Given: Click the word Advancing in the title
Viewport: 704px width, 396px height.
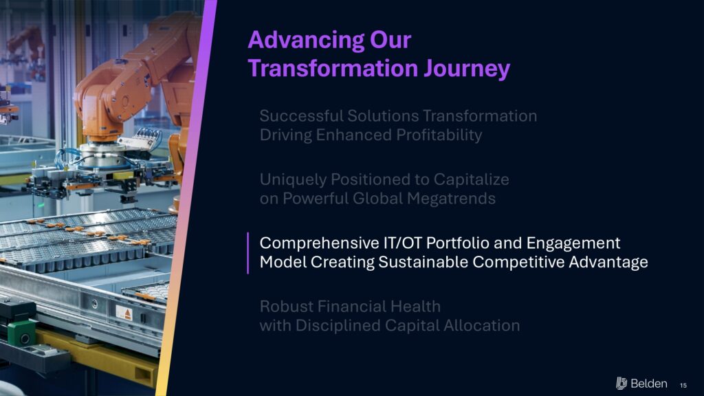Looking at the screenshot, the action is tap(306, 41).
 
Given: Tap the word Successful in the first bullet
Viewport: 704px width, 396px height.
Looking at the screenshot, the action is tap(301, 115).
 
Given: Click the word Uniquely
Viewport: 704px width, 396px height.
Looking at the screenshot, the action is tap(293, 180).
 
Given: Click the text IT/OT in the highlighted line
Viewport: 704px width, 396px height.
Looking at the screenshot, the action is tap(401, 243).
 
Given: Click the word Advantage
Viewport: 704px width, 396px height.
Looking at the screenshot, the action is tap(608, 263).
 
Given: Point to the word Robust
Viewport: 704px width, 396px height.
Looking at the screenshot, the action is tap(286, 307).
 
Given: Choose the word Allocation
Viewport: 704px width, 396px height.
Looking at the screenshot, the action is tap(482, 325).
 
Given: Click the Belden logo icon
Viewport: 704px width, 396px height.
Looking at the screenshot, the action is tap(621, 383).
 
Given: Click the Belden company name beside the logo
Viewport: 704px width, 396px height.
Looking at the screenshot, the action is tap(649, 384).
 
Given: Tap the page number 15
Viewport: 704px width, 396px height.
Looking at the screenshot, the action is tap(683, 385).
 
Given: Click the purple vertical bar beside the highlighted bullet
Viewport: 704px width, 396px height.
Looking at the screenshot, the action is tap(247, 253).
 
